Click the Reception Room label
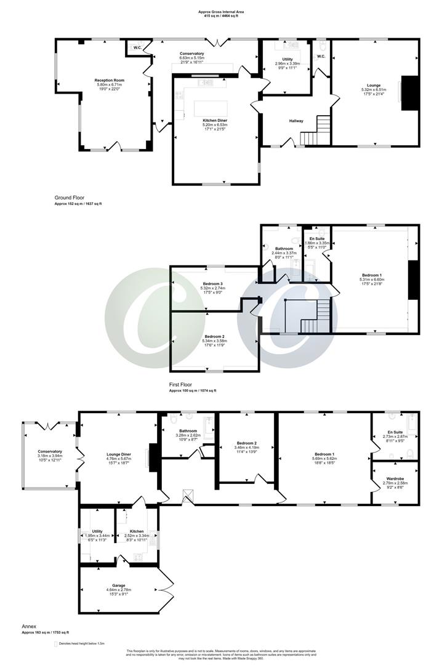[110, 80]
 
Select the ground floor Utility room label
[287, 58]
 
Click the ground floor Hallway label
[296, 121]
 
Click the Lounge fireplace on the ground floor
[409, 93]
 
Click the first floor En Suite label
[317, 238]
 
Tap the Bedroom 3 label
[214, 284]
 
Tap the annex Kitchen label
[137, 531]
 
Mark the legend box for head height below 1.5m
[55, 643]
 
